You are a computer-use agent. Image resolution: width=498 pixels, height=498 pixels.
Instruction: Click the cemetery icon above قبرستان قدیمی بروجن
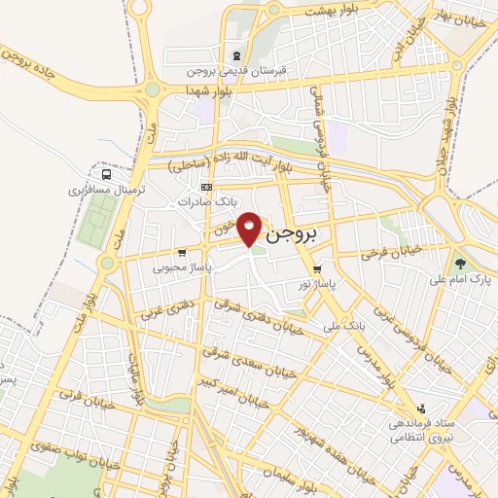[237, 54]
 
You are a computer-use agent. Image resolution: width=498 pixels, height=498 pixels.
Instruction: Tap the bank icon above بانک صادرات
[205, 187]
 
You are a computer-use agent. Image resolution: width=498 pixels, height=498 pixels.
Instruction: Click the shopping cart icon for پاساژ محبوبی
[183, 253]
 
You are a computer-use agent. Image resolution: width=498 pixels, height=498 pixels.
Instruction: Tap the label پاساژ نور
[319, 284]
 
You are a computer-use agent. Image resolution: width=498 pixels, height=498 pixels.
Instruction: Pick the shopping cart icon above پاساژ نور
[318, 269]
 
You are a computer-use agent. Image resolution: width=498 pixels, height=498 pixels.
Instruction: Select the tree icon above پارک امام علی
[460, 263]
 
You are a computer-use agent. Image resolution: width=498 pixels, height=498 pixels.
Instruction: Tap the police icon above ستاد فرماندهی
[421, 409]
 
